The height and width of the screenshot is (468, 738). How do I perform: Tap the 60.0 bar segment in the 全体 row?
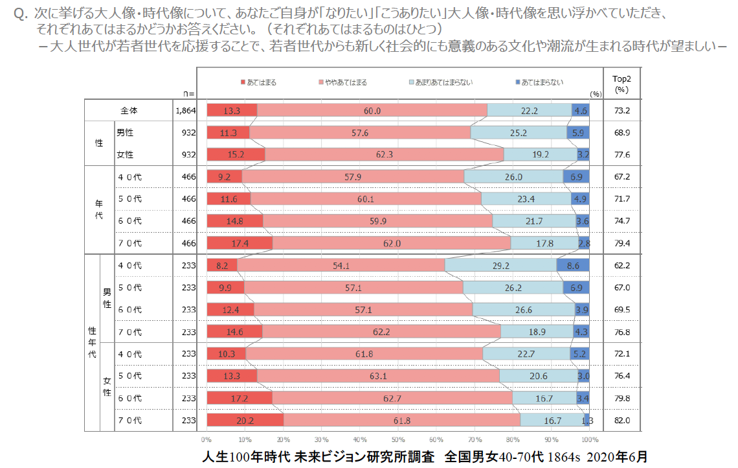coord(372,111)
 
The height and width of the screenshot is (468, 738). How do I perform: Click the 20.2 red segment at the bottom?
coord(245,421)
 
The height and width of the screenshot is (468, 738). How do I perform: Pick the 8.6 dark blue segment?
coord(572,265)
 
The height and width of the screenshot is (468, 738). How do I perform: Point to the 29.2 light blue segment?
coord(500,265)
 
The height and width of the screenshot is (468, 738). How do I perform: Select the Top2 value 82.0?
coord(621,421)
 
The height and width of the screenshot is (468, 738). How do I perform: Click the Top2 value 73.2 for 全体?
coord(621,111)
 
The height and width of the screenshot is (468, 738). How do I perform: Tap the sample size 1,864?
coord(185,111)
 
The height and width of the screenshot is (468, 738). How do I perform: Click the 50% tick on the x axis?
coord(398,439)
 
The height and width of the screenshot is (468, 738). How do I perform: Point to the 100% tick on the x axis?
coord(589,439)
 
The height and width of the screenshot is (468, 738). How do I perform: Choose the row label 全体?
coord(128,111)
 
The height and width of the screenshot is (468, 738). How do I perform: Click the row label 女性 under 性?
coord(125,155)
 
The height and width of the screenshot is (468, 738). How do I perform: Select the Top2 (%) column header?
coord(621,83)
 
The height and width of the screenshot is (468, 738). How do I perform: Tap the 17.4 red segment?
coord(240,243)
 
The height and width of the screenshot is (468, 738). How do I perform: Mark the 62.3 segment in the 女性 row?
coord(384,155)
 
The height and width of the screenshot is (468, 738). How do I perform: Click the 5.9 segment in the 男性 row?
coord(577,133)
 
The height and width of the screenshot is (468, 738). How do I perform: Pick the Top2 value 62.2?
coord(621,265)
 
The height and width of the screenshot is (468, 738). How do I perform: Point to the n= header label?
coord(188,95)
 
